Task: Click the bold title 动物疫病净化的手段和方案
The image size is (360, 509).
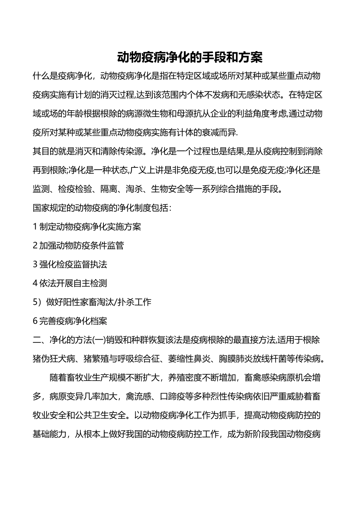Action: tap(189, 58)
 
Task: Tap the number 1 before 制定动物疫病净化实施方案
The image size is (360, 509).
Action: tap(35, 227)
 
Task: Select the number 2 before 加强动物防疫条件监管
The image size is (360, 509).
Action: tap(35, 246)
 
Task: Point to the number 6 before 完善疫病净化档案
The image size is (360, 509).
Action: tap(35, 321)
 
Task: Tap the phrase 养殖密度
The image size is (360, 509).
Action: tap(185, 378)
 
